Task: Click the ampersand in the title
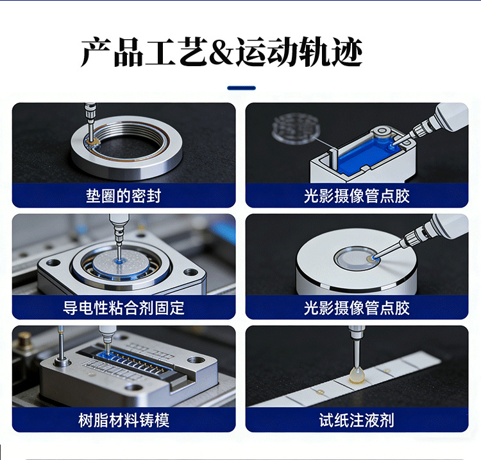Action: click(x=221, y=52)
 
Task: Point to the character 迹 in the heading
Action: click(x=348, y=52)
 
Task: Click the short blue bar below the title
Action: click(x=241, y=88)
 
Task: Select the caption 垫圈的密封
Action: click(x=124, y=196)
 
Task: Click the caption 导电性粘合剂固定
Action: click(x=124, y=308)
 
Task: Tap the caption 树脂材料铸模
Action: click(x=124, y=420)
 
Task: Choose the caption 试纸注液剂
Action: click(x=357, y=420)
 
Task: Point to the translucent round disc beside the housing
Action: click(x=296, y=128)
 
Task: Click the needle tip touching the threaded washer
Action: click(x=91, y=141)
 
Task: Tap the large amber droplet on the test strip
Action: click(x=357, y=376)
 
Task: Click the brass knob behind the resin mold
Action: click(x=25, y=340)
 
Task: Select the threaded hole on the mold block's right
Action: click(x=196, y=360)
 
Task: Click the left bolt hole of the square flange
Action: click(x=53, y=263)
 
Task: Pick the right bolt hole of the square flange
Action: click(x=191, y=272)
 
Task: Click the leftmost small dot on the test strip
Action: click(x=320, y=392)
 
